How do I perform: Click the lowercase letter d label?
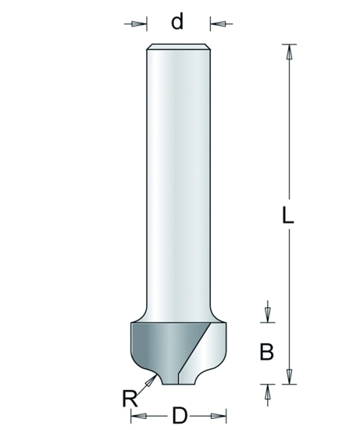(x=177, y=21)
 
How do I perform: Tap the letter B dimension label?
(x=266, y=351)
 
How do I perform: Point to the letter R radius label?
(x=130, y=399)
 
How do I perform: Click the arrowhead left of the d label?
(x=138, y=23)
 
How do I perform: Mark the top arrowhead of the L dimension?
(x=290, y=53)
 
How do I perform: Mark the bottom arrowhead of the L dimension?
(x=290, y=374)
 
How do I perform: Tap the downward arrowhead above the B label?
(x=267, y=315)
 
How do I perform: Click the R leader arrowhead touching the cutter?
(x=153, y=378)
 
